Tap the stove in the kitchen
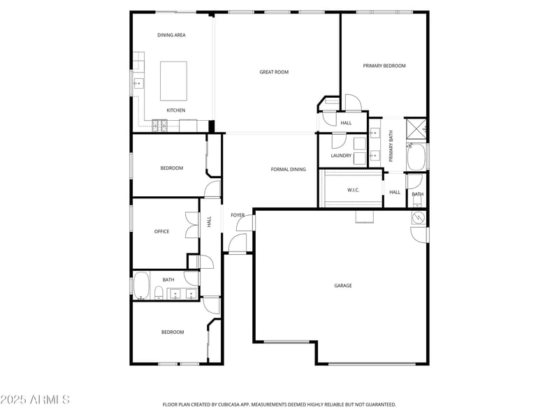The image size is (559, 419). [x=161, y=126]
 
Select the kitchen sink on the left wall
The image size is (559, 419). [x=138, y=84]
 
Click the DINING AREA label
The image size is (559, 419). [x=171, y=35]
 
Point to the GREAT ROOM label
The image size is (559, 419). [x=274, y=72]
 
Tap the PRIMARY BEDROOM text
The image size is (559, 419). [x=384, y=66]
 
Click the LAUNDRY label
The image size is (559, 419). [x=341, y=156]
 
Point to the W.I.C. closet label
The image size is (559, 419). [x=353, y=190]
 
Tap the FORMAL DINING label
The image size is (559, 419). [x=289, y=169]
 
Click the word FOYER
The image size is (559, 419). [x=238, y=215]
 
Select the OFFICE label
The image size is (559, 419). [x=162, y=232]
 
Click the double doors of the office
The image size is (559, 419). [x=192, y=226]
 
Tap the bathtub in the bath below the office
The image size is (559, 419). [x=141, y=286]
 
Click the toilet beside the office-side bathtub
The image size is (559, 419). [x=159, y=292]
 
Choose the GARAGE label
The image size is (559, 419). [x=342, y=286]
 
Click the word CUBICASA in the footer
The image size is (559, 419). [x=237, y=404]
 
